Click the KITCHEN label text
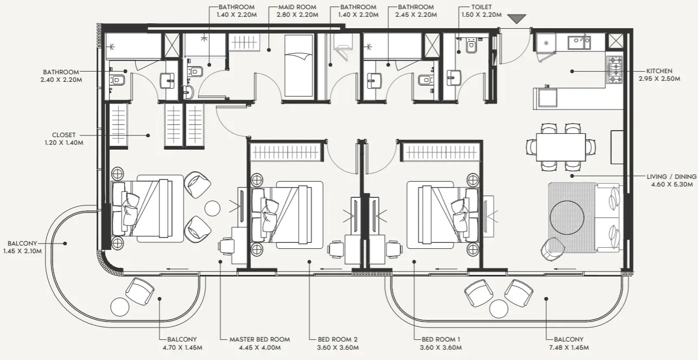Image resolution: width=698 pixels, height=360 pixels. (659, 71)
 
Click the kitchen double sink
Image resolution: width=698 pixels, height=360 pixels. (579, 42)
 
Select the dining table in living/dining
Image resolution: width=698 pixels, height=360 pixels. (561, 147)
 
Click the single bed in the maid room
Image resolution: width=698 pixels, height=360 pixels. (298, 66)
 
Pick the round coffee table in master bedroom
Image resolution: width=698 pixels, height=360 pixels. (212, 208)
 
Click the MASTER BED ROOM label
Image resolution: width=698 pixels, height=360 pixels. (259, 339)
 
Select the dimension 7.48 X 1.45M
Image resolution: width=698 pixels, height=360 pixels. (568, 348)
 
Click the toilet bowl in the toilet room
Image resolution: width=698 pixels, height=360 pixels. (470, 47)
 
